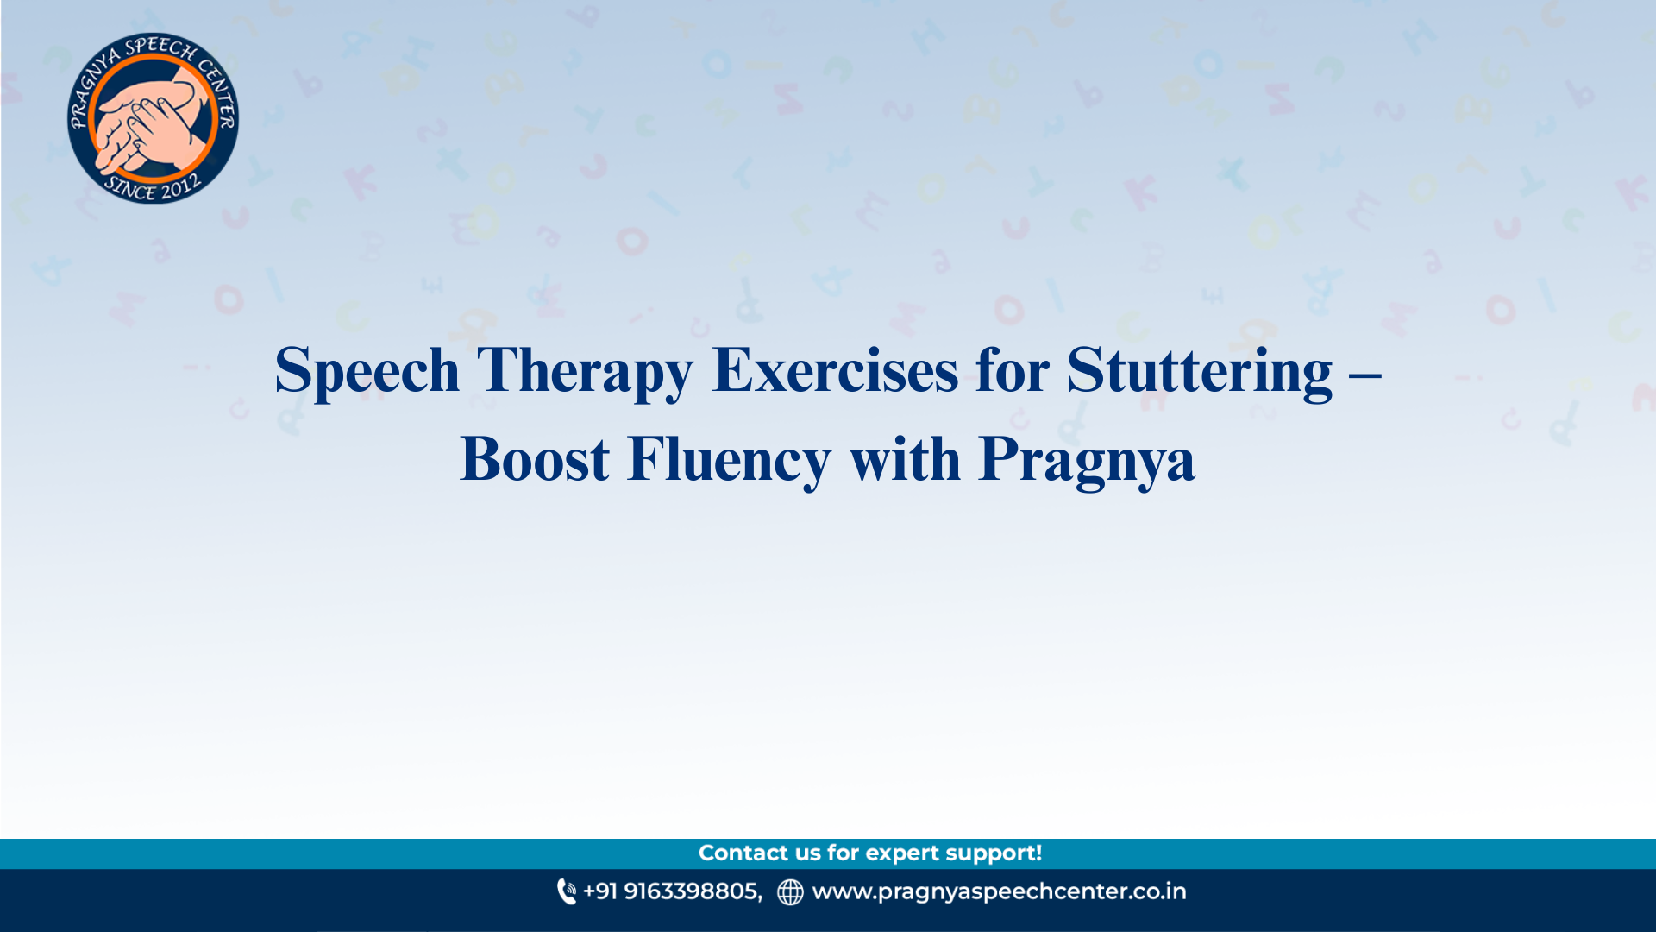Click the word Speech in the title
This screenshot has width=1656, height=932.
pyautogui.click(x=367, y=371)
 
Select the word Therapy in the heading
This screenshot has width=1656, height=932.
pyautogui.click(x=584, y=371)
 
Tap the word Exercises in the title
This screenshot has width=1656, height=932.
pyautogui.click(x=834, y=371)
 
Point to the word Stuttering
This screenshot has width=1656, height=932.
pyautogui.click(x=1199, y=371)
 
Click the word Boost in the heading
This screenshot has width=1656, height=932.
pyautogui.click(x=535, y=459)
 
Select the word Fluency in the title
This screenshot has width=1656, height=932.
pyautogui.click(x=729, y=459)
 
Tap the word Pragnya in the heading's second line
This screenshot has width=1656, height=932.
pyautogui.click(x=1087, y=459)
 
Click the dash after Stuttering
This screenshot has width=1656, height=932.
pyautogui.click(x=1364, y=373)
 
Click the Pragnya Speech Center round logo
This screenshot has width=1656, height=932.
pyautogui.click(x=153, y=118)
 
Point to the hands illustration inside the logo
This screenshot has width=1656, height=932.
pyautogui.click(x=151, y=121)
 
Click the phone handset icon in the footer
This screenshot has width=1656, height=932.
pyautogui.click(x=566, y=891)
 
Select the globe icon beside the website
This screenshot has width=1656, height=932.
pyautogui.click(x=790, y=891)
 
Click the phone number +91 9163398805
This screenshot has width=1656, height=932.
pyautogui.click(x=672, y=891)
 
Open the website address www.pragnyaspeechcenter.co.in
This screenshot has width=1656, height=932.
pyautogui.click(x=999, y=891)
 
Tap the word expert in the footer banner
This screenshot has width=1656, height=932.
pyautogui.click(x=902, y=853)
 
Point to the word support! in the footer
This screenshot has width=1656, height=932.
pyautogui.click(x=994, y=853)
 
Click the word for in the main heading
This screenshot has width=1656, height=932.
pyautogui.click(x=1012, y=371)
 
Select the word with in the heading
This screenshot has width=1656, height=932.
pyautogui.click(x=905, y=459)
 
